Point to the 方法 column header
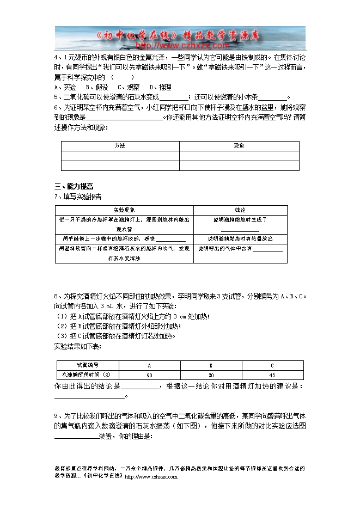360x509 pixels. tap(120, 146)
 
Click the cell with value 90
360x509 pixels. tap(149, 376)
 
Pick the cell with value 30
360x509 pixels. tap(211, 376)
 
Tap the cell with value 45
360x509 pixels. tap(272, 376)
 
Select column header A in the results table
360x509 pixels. tap(149, 366)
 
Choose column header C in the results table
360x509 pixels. tap(272, 366)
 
